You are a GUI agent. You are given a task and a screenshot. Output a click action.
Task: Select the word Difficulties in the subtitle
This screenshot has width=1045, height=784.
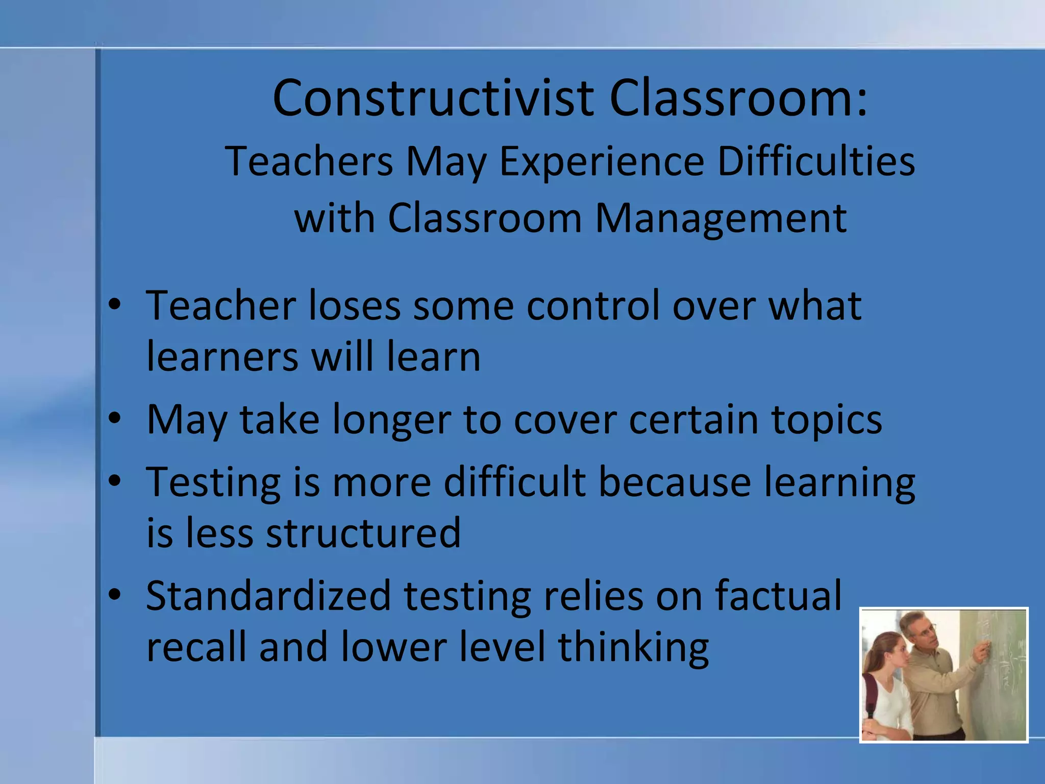pos(815,161)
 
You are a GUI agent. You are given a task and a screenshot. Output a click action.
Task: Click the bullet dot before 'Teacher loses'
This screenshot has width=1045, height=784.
pos(115,304)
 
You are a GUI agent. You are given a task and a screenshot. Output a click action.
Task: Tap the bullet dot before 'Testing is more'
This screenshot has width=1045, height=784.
pos(115,481)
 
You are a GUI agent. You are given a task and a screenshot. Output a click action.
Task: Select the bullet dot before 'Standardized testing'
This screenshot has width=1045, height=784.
pos(115,595)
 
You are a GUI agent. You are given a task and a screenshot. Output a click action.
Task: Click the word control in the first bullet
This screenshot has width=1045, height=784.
pos(592,306)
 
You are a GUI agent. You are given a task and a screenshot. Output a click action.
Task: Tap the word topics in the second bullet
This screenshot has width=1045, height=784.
pos(826,421)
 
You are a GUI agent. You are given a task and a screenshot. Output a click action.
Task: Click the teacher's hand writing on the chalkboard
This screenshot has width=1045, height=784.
pos(983,651)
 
